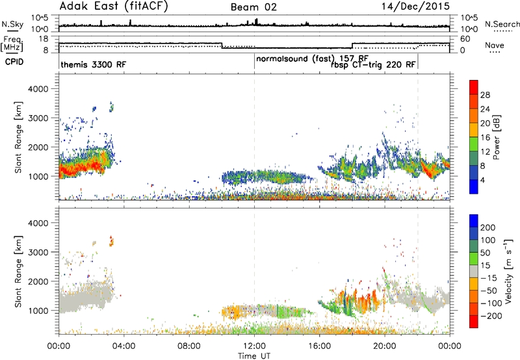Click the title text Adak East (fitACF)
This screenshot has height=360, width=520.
(x=114, y=6)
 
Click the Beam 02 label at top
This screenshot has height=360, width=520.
(x=253, y=7)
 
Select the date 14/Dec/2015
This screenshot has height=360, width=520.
(x=415, y=6)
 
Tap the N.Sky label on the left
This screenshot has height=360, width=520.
(x=12, y=24)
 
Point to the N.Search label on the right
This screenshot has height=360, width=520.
(x=502, y=24)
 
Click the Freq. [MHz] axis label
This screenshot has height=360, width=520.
(x=12, y=44)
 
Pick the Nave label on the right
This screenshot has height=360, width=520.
(x=495, y=45)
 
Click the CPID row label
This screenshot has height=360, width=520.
(x=14, y=62)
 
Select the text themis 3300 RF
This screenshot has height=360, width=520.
(x=94, y=64)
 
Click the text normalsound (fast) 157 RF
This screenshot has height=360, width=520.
(x=312, y=58)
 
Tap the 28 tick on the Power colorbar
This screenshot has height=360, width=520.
(x=485, y=95)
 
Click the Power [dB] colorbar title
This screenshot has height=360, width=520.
(x=497, y=137)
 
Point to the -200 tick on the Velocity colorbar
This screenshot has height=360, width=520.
(x=491, y=316)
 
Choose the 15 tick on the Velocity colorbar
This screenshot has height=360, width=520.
(x=484, y=266)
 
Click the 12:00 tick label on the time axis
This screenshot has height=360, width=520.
(x=254, y=346)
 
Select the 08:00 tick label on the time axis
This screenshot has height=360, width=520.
(x=189, y=346)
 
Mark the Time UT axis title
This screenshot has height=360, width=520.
(x=254, y=356)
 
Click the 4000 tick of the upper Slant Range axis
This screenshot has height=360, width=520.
(x=38, y=89)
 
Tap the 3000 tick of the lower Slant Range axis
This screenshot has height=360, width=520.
(x=38, y=252)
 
